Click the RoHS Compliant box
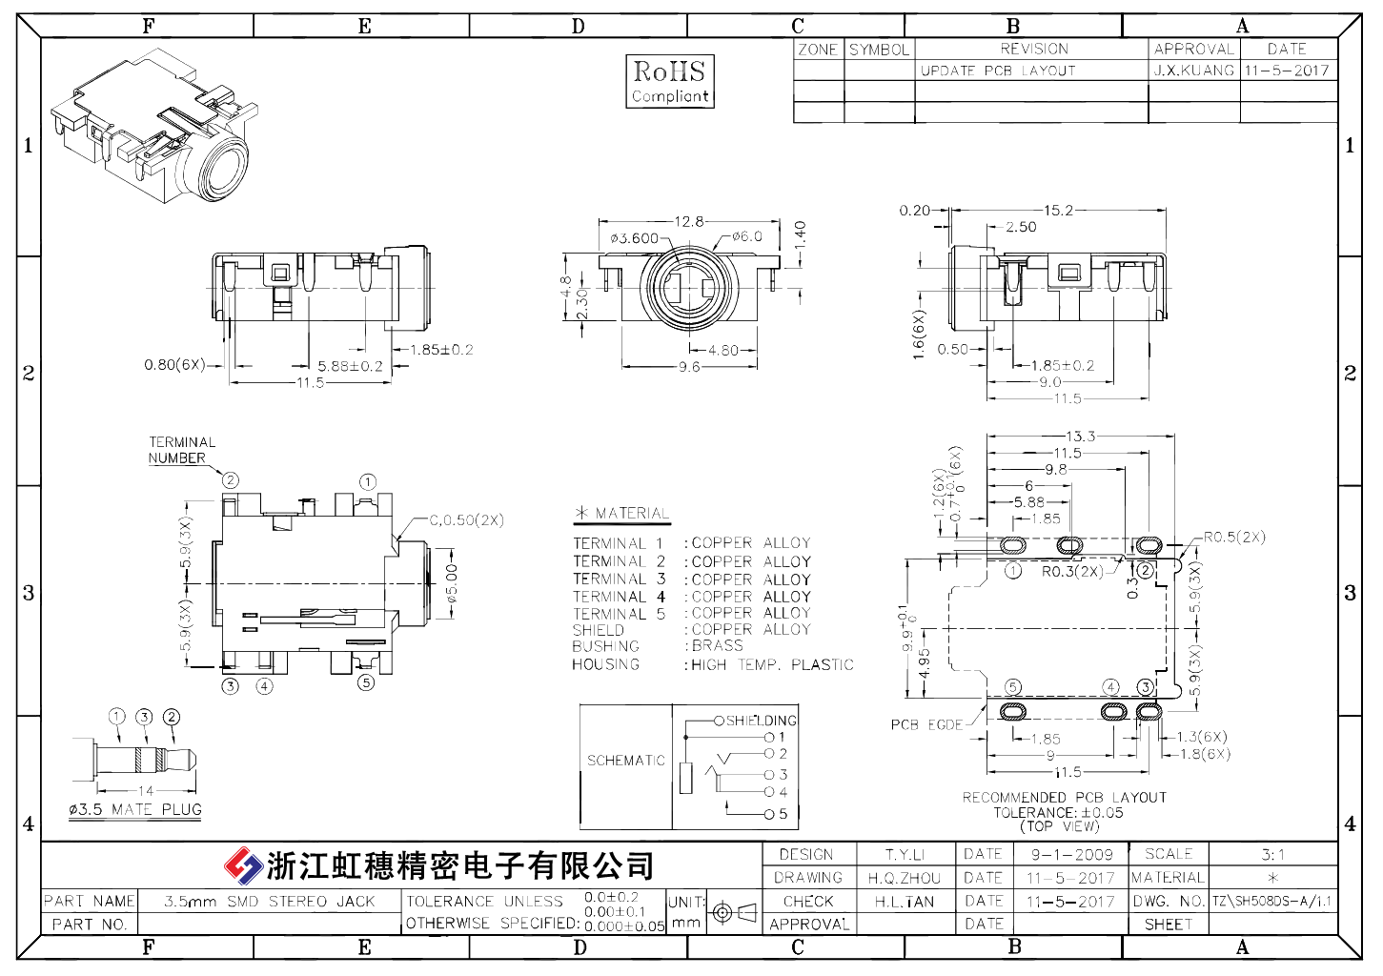670,81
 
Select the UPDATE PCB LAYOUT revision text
998,71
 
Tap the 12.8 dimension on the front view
689,221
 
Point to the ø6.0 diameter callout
747,236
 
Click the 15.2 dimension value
1058,211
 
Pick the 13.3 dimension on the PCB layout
1081,436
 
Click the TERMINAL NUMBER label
181,450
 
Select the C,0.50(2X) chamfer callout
467,520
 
